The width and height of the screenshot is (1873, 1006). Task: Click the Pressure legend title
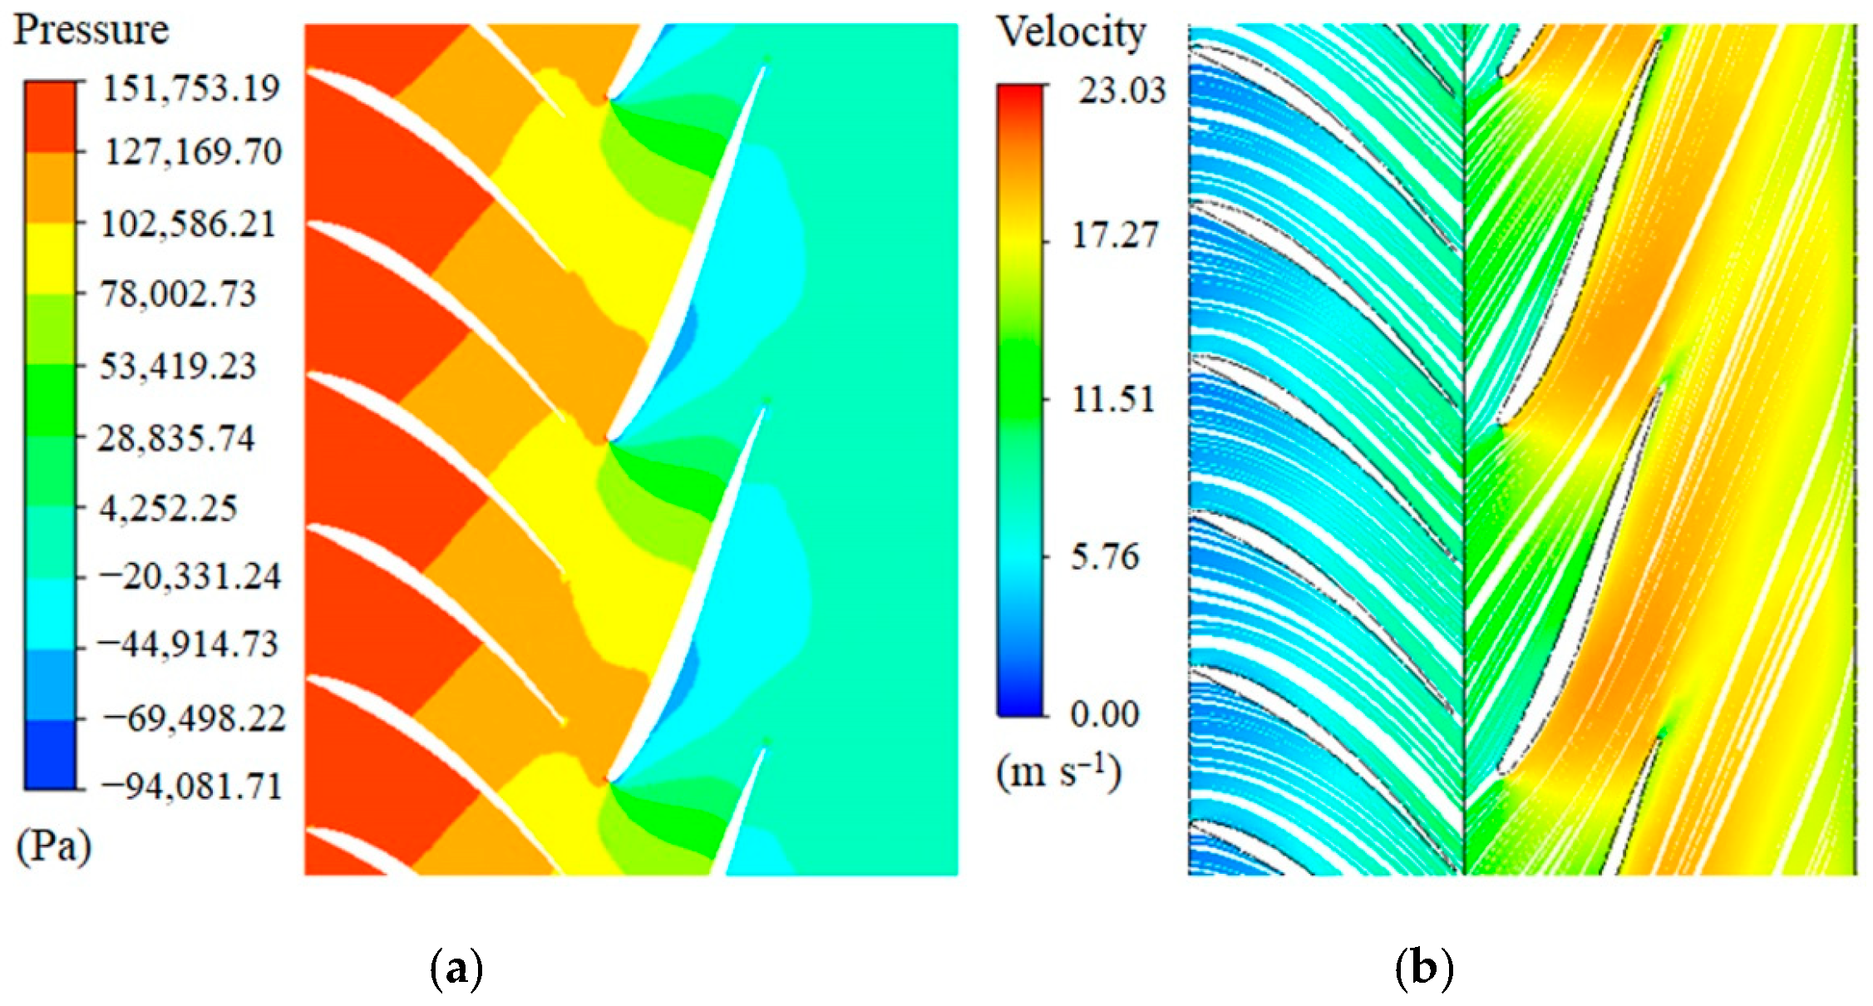91,31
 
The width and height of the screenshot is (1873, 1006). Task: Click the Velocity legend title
1072,34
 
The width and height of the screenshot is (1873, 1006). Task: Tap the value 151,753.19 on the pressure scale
190,87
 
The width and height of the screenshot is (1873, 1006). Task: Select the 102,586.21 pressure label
188,224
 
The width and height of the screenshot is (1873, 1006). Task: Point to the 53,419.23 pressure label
178,366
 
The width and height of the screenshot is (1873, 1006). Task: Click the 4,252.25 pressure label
168,508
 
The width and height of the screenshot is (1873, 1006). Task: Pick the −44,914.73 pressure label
188,645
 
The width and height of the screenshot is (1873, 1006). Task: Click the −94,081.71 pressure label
190,786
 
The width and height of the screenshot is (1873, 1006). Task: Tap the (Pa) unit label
53,848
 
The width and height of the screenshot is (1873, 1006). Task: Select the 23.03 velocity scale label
1122,91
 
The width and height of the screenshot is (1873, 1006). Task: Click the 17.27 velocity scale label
1114,236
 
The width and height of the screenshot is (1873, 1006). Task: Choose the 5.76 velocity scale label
1104,557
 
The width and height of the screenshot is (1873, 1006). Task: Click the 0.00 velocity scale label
1104,714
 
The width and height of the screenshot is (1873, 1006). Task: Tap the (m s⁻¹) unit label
1059,773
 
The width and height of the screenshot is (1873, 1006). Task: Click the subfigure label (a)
456,969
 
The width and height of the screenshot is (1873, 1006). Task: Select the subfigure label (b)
1424,969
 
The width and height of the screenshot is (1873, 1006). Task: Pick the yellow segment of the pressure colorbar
50,259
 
